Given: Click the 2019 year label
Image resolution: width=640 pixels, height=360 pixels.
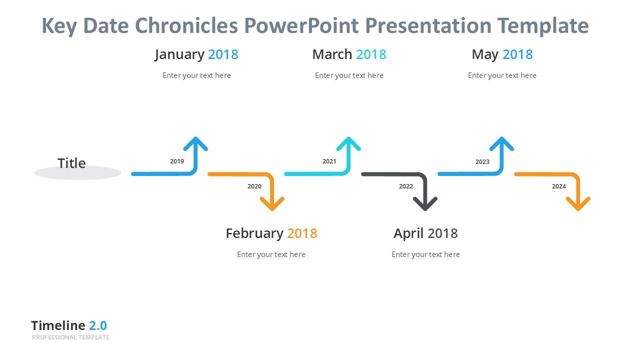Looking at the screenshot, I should coord(177,161).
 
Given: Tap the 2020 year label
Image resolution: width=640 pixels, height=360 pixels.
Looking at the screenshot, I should coord(254,186).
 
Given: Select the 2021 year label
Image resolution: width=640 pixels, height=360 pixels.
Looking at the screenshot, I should coord(329,161).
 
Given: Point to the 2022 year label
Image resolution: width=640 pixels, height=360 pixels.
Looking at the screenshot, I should coord(406,186).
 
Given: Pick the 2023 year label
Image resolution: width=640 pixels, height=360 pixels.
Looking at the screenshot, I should coord(482,162).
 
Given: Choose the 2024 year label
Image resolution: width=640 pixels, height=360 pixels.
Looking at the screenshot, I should coord(559,186).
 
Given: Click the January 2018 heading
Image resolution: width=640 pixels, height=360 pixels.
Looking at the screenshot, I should coord(196,54).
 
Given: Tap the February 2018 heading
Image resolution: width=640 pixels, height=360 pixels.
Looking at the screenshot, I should coord(271,233).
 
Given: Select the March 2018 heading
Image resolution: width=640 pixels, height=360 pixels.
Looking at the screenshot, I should coord(349,54).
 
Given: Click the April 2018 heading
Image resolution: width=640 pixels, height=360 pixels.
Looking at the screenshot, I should coord(425,233).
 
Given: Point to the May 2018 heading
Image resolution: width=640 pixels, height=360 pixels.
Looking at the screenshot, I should coord(502,54).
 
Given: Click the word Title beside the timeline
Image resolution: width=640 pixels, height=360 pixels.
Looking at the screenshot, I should coord(71,163).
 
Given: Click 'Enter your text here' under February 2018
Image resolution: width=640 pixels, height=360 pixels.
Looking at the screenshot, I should coord(271,254).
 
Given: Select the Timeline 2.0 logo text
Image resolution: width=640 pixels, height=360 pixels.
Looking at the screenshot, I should coord(69,325).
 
